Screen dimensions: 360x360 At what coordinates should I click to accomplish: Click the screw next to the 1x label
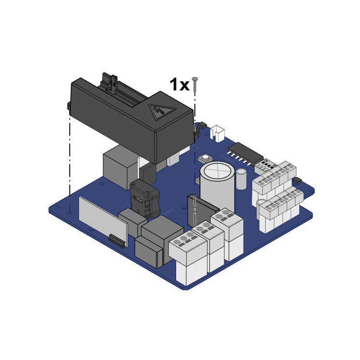click(x=195, y=85)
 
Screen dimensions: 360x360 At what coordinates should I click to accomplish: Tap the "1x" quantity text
click(x=180, y=85)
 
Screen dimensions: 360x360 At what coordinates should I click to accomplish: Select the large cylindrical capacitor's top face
click(x=217, y=170)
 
